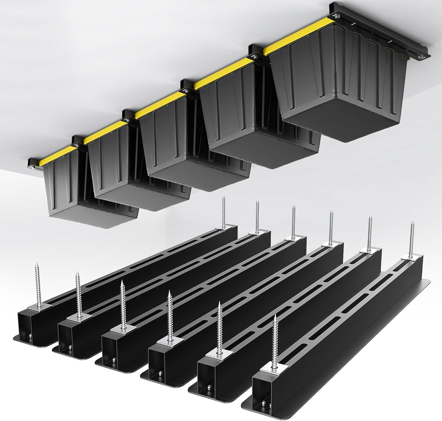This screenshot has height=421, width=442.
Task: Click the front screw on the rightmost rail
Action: pos(275,337)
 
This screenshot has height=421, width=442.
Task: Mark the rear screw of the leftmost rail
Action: pos(223,212)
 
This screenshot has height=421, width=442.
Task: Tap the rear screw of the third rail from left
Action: pos(293,221)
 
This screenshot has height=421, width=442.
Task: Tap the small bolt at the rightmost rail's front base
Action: pos(263,404)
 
